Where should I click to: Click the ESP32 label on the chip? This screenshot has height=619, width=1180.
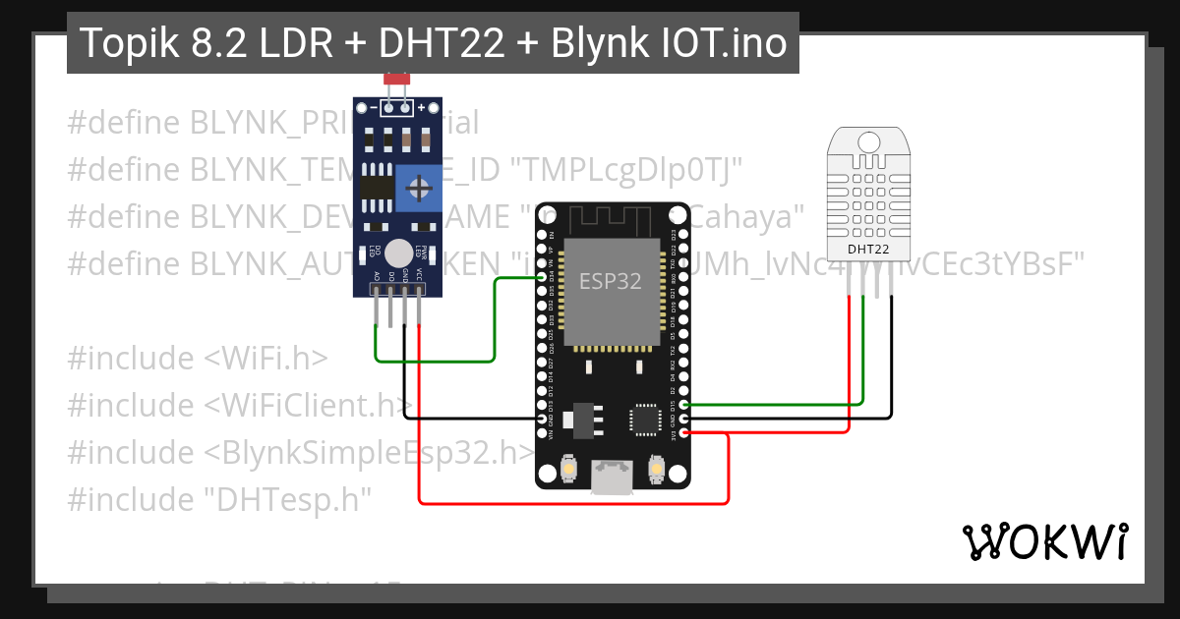tap(610, 282)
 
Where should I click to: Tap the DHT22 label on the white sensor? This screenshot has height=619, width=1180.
tap(868, 250)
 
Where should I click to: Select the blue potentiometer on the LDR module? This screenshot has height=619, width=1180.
tap(418, 187)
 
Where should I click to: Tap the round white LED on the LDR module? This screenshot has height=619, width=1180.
tap(398, 253)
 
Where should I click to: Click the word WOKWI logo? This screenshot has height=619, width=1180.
tap(1044, 542)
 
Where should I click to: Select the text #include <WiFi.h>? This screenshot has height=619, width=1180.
tap(198, 358)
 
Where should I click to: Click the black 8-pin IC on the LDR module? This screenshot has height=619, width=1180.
tap(373, 187)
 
